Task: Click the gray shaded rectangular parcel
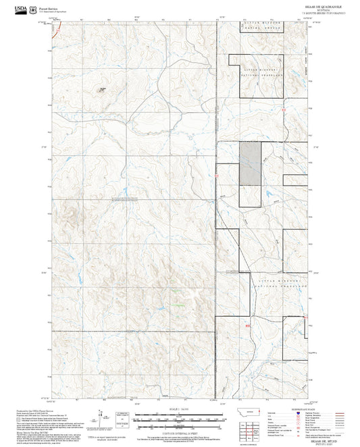pos(250,163)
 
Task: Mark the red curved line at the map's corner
pos(59,29)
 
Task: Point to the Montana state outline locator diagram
pos(253,413)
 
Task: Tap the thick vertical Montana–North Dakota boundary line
pos(216,203)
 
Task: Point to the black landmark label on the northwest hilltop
pos(103,88)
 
